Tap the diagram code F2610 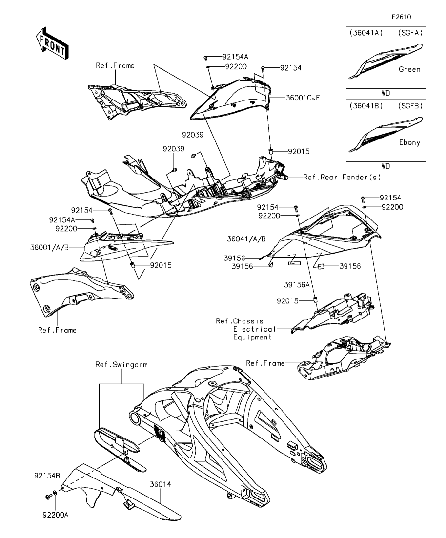tap(401, 16)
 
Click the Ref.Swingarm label tap(115, 364)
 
